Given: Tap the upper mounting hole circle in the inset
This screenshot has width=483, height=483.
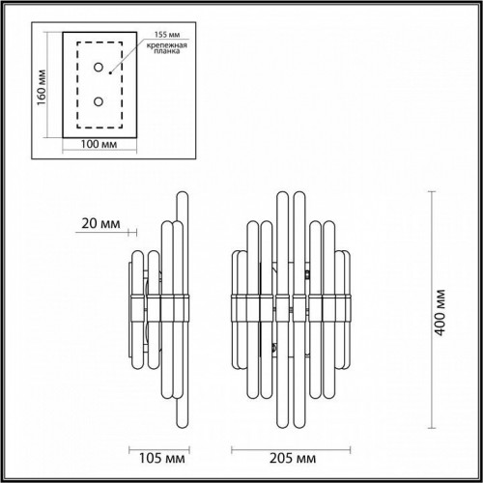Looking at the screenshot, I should (96, 66).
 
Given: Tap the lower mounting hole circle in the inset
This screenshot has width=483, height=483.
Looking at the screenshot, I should (96, 100).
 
